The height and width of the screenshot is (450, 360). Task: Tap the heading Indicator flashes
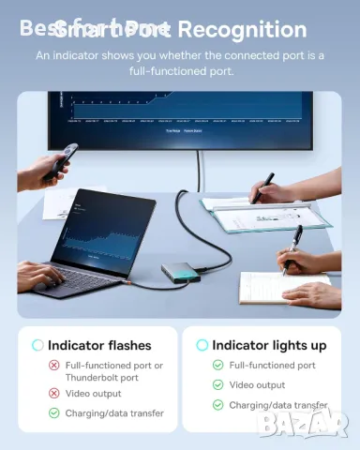pos(98,345)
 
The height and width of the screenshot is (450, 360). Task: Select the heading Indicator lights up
pos(269,345)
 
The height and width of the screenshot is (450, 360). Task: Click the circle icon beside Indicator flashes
pos(37,345)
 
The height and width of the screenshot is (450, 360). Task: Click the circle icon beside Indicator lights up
pos(202,345)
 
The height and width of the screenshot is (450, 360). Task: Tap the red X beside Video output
pos(54,393)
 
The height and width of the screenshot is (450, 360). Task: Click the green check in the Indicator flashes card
pos(54,412)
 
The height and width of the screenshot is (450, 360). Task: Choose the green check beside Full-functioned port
pos(217,366)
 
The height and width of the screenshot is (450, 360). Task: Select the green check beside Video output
pos(217,385)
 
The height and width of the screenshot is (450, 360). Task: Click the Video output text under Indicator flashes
pos(94,393)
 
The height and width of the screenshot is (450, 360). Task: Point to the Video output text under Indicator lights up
pos(257,385)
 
